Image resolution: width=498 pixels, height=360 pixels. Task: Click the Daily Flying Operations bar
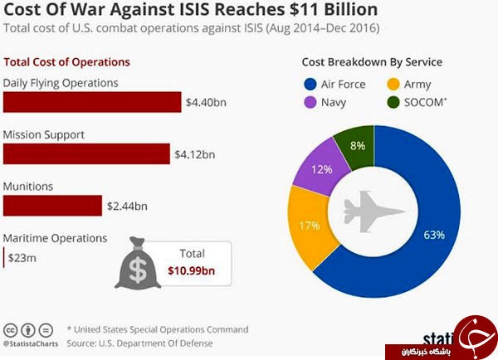[92, 101]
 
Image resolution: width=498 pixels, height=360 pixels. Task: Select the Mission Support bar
[86, 153]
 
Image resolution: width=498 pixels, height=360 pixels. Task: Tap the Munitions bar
[53, 205]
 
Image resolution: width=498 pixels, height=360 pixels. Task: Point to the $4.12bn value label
[195, 154]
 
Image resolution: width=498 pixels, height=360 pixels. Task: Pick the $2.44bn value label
[128, 206]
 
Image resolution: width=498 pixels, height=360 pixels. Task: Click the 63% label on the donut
[433, 235]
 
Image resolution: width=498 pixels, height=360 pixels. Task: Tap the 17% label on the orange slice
[310, 224]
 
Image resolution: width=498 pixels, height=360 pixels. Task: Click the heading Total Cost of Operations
[67, 62]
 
